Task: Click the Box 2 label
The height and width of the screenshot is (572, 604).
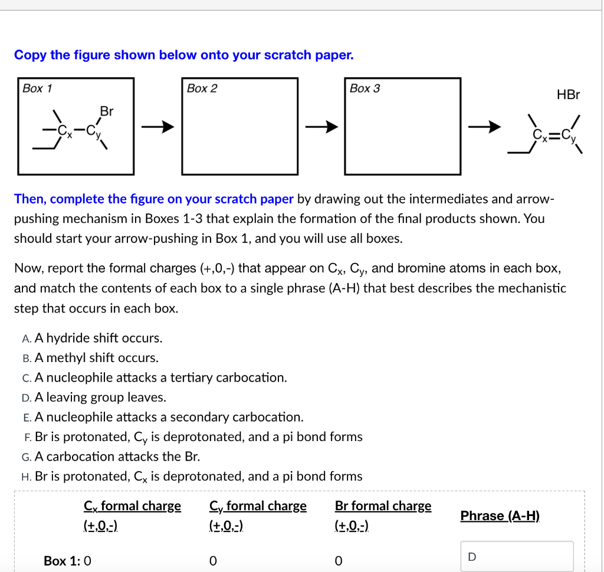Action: click(202, 88)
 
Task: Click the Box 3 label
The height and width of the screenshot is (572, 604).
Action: click(365, 88)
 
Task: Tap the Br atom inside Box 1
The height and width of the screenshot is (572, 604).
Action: click(107, 111)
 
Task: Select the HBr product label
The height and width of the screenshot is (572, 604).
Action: click(568, 94)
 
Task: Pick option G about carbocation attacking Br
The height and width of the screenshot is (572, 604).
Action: click(117, 456)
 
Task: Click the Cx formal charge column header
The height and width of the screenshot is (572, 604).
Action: click(132, 506)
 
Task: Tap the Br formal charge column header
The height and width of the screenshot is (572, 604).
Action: click(383, 506)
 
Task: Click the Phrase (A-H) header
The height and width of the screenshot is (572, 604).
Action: click(500, 515)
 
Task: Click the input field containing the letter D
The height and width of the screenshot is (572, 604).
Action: click(517, 556)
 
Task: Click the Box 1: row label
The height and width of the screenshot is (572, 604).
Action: click(63, 560)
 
